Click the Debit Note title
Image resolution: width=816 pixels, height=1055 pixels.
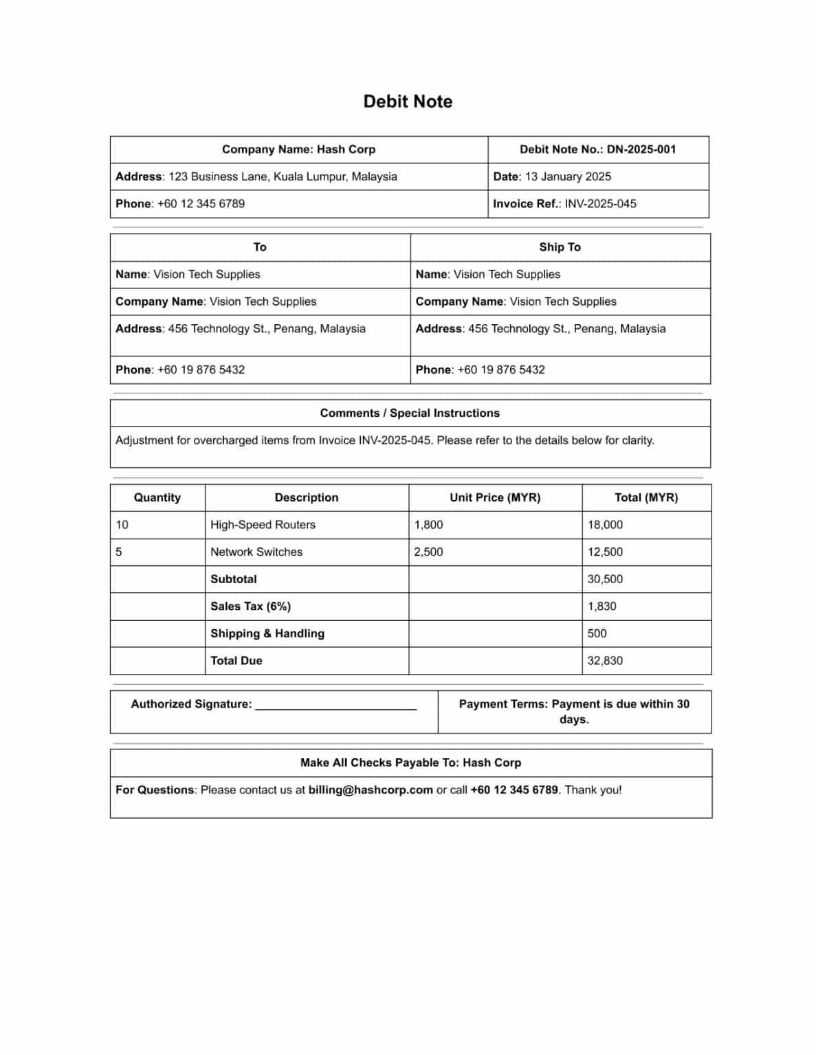pos(408,102)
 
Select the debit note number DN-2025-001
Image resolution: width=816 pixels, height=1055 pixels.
pos(641,150)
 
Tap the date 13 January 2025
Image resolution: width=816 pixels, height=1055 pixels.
pos(568,177)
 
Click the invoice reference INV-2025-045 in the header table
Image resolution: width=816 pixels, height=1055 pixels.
pos(600,204)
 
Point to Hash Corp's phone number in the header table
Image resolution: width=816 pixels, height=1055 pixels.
pos(201,204)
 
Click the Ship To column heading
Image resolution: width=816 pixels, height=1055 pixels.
pos(560,247)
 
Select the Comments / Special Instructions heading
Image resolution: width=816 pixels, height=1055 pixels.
pos(410,413)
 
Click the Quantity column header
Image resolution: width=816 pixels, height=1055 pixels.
pos(157,498)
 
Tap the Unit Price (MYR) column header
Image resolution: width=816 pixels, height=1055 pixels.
pos(495,498)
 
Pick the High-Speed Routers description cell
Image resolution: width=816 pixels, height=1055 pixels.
pos(263,525)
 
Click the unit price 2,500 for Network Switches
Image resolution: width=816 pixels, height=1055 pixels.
pos(428,552)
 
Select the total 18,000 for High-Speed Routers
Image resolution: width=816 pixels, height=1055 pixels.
pos(605,525)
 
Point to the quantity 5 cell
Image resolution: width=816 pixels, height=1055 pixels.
pos(119,552)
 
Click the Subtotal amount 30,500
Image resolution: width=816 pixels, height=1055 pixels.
pos(605,579)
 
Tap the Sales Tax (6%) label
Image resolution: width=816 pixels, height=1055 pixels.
pos(250,606)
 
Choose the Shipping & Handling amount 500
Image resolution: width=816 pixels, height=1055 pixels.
pos(597,633)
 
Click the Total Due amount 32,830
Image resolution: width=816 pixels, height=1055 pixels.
pos(605,661)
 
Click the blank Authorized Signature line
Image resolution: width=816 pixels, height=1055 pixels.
pos(335,705)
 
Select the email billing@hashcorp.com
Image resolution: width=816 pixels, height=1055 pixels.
pos(371,790)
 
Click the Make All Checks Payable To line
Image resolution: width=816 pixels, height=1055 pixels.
pos(410,763)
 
